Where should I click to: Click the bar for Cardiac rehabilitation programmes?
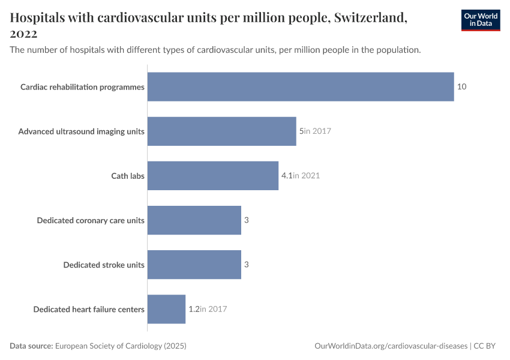coord(300,86)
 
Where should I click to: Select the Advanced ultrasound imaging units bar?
coord(221,131)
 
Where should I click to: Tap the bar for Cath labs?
coord(212,175)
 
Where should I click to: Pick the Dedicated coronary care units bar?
coord(194,220)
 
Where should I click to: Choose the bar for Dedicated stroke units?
coord(194,265)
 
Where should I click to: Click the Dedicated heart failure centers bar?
coord(166,309)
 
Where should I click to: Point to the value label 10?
coord(461,86)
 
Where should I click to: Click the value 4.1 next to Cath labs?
coord(287,176)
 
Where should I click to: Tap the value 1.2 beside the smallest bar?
coord(194,309)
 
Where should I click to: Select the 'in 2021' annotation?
coord(307,176)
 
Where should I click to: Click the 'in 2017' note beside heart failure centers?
coord(214,309)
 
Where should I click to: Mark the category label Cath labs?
coord(128,176)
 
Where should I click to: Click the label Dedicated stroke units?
coord(104,265)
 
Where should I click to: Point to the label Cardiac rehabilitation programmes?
coord(82,87)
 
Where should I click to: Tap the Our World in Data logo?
coord(480,20)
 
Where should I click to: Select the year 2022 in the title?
coord(24,34)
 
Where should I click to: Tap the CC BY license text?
coord(485,346)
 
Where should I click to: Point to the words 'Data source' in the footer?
coord(31,346)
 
